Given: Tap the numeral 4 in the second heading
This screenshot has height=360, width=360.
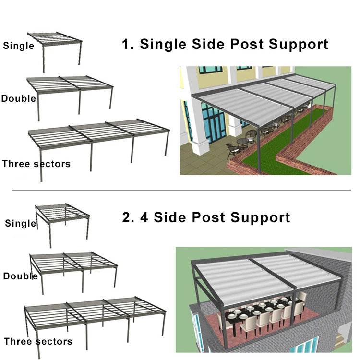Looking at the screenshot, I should tap(144, 217).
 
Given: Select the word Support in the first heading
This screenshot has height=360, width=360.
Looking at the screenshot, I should tap(298, 44).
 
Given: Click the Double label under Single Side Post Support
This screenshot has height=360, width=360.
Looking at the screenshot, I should tap(18, 98).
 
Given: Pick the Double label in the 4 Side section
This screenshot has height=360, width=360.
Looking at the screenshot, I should tap(20, 276).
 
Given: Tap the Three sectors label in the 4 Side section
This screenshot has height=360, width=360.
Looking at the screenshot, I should tap(38, 341).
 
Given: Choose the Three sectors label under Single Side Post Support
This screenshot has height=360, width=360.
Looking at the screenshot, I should tap(36, 164).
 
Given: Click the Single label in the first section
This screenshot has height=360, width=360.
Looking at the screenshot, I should tap(18, 46).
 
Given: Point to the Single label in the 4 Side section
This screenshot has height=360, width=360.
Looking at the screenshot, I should tap(21, 223).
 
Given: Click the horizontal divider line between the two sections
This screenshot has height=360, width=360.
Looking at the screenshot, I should tap(180, 190).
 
